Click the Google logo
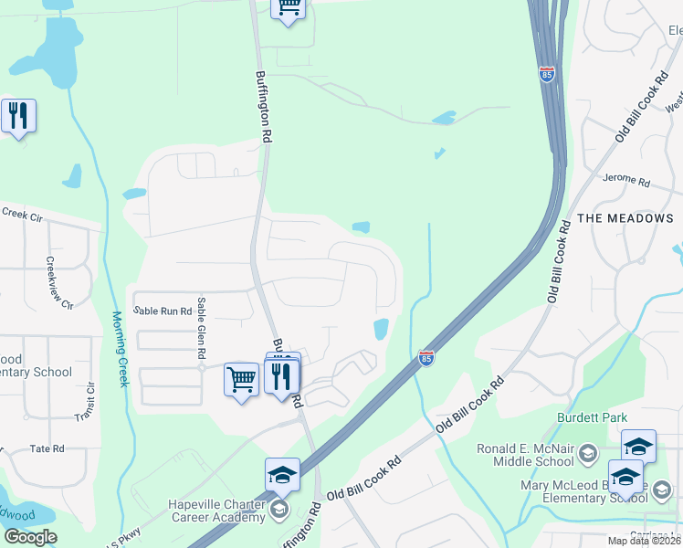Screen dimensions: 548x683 click(30, 537)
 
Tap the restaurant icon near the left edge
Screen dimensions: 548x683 click(18, 116)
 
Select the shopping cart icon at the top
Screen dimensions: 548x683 click(289, 8)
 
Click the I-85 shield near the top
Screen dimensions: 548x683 click(547, 74)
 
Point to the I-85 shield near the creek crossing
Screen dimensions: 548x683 click(426, 359)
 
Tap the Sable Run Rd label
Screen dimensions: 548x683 click(163, 311)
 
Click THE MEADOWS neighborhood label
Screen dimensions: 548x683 click(625, 218)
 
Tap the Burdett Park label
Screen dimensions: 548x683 click(593, 417)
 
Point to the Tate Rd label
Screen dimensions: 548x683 click(47, 448)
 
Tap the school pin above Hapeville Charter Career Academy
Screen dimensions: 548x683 click(282, 474)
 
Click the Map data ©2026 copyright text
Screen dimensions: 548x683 click(644, 541)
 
